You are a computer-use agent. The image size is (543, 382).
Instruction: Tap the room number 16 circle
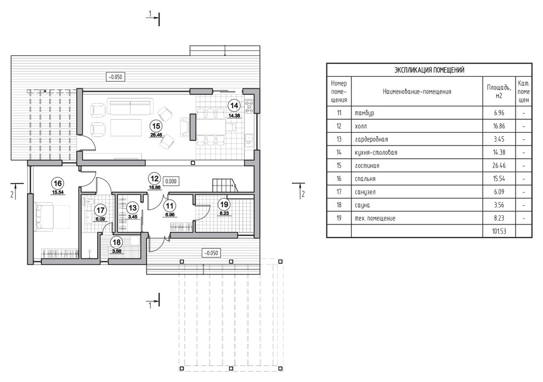click(57, 183)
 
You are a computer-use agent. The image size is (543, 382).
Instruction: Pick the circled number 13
click(132, 208)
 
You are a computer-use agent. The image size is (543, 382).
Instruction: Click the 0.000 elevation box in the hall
click(171, 180)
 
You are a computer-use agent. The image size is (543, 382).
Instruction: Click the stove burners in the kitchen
click(250, 103)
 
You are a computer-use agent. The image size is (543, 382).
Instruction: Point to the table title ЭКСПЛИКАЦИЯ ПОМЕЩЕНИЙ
click(429, 70)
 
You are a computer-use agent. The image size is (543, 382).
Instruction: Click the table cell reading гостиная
click(367, 166)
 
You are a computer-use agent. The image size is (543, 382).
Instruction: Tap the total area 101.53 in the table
click(499, 232)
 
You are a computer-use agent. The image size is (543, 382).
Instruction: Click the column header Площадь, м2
click(499, 91)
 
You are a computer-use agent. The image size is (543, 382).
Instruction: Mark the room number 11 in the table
click(339, 113)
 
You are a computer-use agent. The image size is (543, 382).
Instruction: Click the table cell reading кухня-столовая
click(376, 153)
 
